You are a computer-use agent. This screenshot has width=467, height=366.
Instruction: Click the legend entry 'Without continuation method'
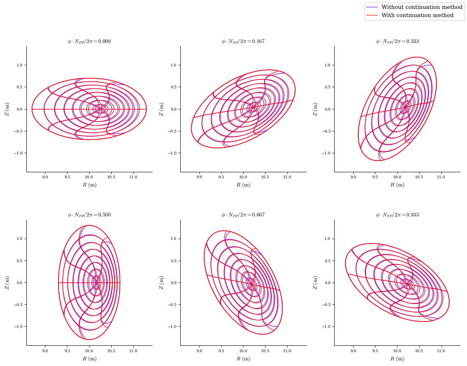click(422, 7)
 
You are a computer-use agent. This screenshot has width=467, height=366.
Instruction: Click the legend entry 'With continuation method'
click(417, 15)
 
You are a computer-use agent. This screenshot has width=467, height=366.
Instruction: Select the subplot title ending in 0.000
click(89, 41)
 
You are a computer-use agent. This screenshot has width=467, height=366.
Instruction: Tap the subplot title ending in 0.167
click(243, 41)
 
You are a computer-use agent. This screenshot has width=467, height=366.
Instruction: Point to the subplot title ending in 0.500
click(89, 215)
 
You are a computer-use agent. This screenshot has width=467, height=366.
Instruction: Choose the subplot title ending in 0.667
click(243, 215)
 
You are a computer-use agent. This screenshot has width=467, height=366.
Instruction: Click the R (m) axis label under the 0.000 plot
click(89, 185)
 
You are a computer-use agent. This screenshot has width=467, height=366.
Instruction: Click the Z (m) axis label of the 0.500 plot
click(7, 283)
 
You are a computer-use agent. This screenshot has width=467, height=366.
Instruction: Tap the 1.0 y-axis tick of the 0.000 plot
click(19, 65)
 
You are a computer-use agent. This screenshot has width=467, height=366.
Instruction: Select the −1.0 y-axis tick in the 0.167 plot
click(172, 153)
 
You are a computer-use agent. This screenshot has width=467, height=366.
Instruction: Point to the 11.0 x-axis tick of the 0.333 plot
click(441, 177)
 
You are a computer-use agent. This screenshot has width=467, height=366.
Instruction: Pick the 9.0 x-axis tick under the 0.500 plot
click(45, 351)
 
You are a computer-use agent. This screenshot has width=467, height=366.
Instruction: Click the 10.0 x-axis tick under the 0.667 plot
click(243, 351)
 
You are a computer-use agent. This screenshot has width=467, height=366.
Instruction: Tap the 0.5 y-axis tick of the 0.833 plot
click(327, 261)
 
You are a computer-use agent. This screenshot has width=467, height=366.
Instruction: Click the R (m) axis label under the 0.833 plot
click(397, 359)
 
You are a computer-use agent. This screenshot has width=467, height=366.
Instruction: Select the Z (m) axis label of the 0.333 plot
click(315, 109)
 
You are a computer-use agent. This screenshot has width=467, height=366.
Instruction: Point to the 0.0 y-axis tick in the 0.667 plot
click(173, 283)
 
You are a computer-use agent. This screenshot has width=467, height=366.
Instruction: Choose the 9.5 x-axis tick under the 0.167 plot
click(221, 177)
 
